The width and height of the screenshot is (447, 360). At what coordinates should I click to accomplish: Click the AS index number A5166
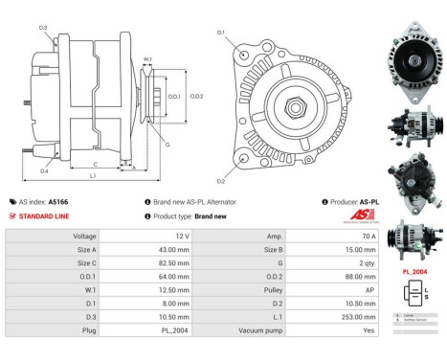58,202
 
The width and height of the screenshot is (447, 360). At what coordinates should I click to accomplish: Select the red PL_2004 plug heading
413,272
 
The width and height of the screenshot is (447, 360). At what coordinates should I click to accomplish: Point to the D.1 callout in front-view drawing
220,34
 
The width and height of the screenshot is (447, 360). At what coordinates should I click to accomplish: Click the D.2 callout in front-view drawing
220,180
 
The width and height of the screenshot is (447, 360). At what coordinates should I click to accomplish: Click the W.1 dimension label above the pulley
147,60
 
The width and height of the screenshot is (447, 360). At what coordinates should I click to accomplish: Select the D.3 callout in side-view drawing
43,27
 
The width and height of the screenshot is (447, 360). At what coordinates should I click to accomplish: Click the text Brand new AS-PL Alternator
194,202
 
